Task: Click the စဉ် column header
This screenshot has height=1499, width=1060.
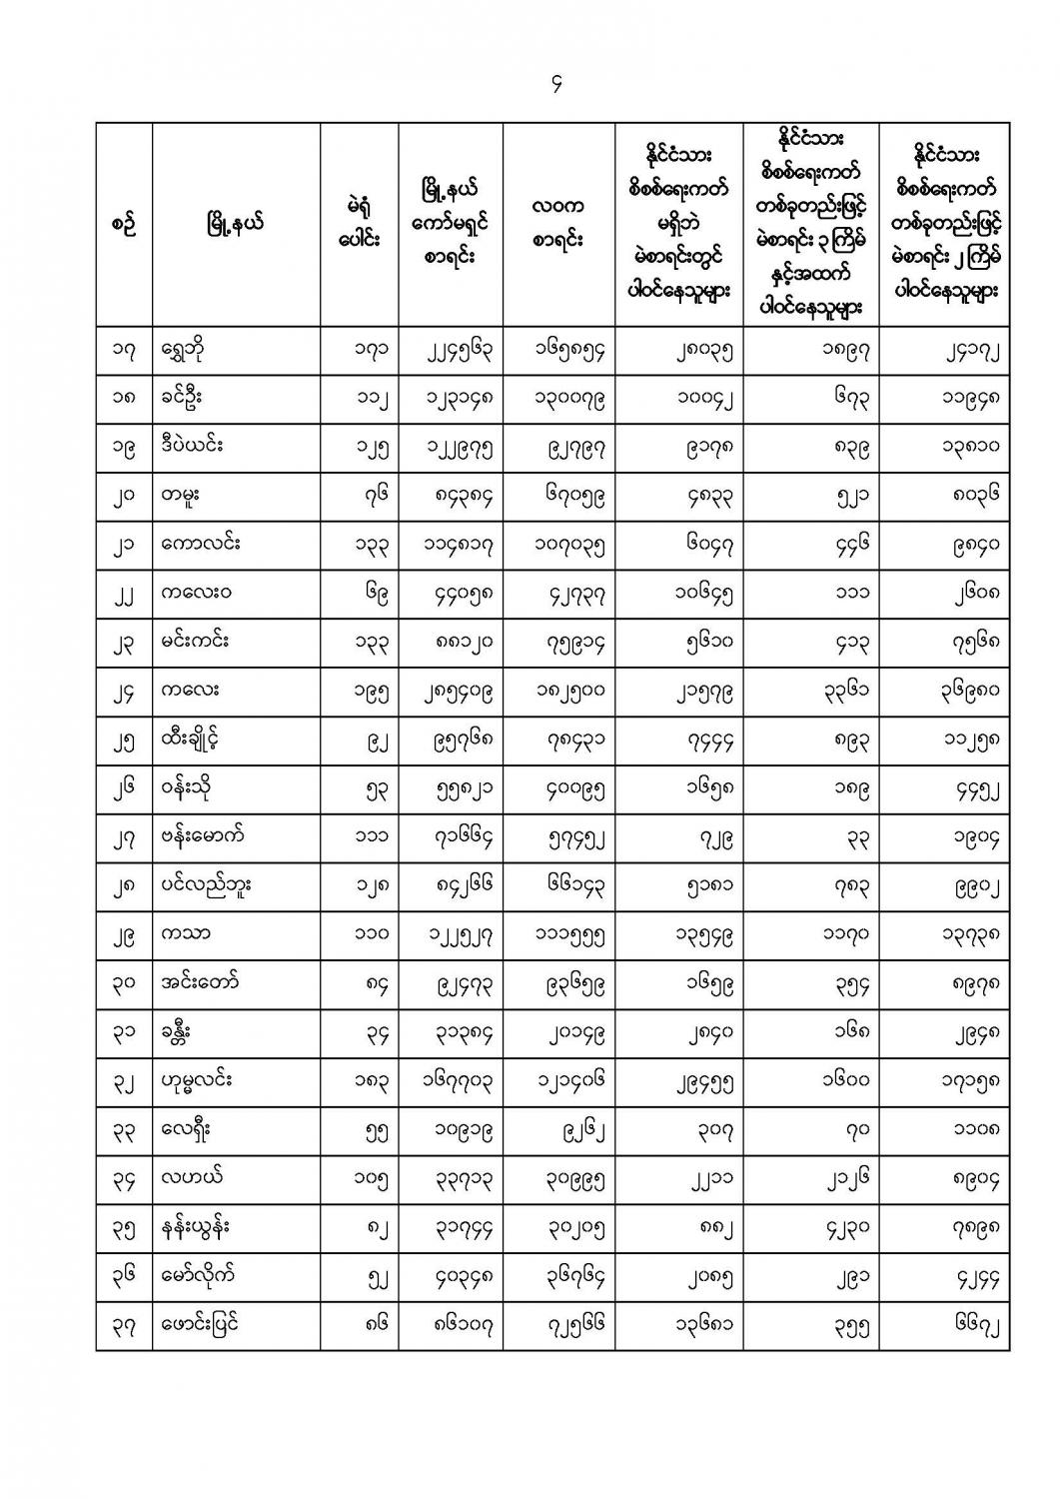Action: click(124, 224)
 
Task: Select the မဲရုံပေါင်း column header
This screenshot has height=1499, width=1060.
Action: click(359, 224)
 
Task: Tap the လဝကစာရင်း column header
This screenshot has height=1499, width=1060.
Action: click(558, 224)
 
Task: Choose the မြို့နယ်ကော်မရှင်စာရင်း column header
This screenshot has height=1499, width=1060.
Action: click(451, 224)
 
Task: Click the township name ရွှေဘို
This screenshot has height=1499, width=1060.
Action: click(189, 351)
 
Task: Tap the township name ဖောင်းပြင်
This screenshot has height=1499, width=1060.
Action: click(201, 1325)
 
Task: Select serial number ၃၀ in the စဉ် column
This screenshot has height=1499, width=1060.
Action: click(124, 983)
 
